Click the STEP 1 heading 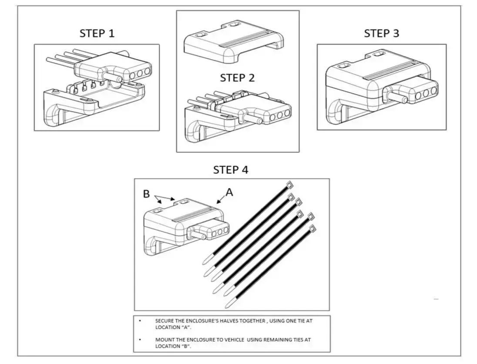coord(97,34)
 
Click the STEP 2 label coord(237,78)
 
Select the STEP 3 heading coord(381,34)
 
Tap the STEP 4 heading coord(231,170)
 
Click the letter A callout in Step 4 coord(229,192)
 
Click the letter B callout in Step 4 coord(147,194)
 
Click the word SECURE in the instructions coord(164,321)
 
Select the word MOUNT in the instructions coord(164,340)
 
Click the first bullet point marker coord(140,321)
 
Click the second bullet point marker coord(140,340)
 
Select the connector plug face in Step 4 coord(218,229)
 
